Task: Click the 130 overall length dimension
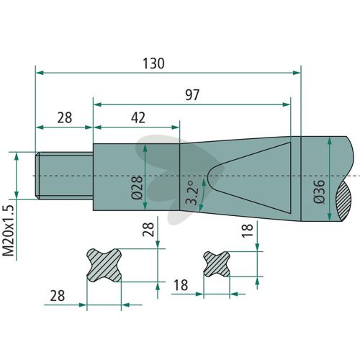pyautogui.click(x=153, y=63)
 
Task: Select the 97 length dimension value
pyautogui.click(x=192, y=95)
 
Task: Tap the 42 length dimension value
pyautogui.click(x=138, y=118)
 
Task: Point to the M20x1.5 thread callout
pyautogui.click(x=9, y=231)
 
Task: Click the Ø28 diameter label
pyautogui.click(x=138, y=188)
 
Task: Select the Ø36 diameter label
pyautogui.click(x=319, y=192)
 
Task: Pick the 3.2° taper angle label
pyautogui.click(x=193, y=193)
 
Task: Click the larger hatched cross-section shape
pyautogui.click(x=104, y=265)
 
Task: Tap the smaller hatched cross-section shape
pyautogui.click(x=217, y=264)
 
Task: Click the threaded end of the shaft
pyautogui.click(x=64, y=176)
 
